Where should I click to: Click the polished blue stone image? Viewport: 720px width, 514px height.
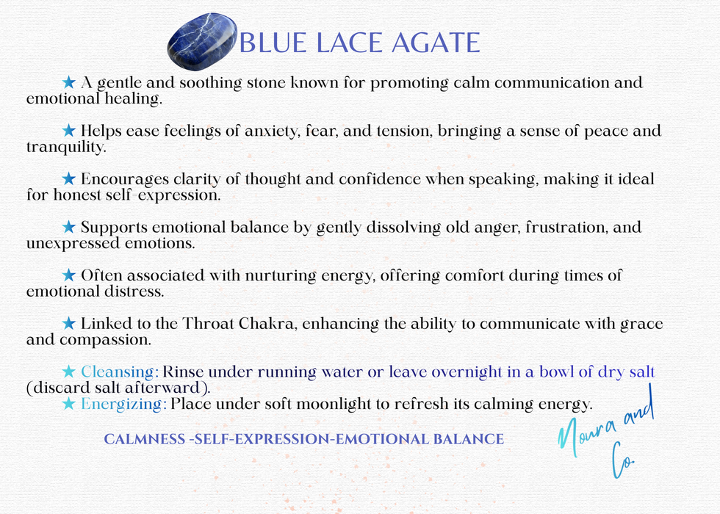(x=204, y=40)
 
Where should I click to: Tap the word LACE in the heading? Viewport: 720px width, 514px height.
(x=341, y=43)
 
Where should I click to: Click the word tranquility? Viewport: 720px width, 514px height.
(x=66, y=148)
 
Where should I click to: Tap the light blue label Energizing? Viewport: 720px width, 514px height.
(x=124, y=404)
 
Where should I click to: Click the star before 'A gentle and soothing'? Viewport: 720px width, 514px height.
(x=69, y=82)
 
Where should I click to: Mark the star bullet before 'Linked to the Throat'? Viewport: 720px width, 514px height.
(x=69, y=323)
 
